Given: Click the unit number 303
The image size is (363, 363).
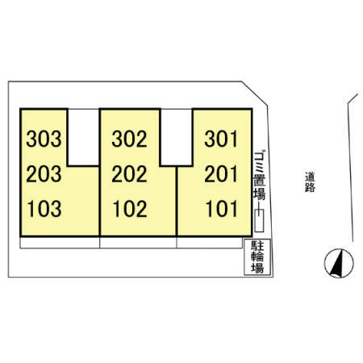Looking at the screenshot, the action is click(44, 139).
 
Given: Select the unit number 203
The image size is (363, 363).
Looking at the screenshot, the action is click(44, 173).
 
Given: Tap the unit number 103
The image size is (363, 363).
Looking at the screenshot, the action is click(44, 209).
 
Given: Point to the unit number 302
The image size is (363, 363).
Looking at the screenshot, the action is click(129, 139).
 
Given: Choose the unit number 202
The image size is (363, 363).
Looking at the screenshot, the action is click(129, 173).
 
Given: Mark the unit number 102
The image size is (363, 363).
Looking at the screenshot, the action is click(130, 209).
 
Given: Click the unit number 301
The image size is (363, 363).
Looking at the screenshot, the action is click(221, 139).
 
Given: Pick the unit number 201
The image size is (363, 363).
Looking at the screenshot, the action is click(221, 173).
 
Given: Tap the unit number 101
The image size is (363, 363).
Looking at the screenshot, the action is click(222, 209).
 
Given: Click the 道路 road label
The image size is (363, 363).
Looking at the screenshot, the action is click(310, 182).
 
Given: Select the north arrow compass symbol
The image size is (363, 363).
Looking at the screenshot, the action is click(339, 263).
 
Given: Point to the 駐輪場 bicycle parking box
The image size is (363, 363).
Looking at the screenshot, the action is click(257, 257).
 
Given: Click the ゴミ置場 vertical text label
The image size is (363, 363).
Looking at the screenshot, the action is click(259, 176).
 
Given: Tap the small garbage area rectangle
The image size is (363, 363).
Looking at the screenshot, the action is click(259, 220).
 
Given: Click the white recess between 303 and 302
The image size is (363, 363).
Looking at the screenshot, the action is click(83, 137).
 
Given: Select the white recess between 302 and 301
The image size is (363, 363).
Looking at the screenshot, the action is click(177, 137).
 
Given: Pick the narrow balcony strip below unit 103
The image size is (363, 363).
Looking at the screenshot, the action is click(60, 243).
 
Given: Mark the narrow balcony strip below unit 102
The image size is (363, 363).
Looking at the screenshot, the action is click(138, 243).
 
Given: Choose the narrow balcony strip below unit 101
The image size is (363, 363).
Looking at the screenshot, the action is click(210, 243).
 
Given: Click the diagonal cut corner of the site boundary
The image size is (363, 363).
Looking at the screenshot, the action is click(254, 93).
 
